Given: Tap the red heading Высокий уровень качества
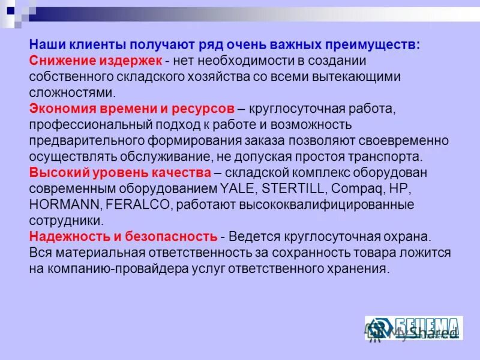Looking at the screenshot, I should tap(119, 173).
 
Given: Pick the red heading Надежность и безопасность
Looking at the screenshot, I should tap(123, 235).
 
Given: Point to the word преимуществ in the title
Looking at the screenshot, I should tap(374, 46).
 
